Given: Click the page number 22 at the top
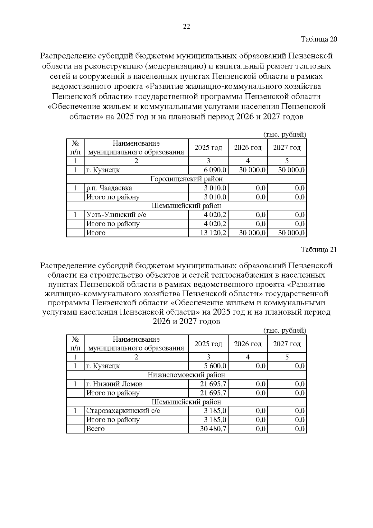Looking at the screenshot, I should pos(186,27).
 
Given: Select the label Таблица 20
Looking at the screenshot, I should pos(319,39).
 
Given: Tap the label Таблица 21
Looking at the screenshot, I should pos(319,250).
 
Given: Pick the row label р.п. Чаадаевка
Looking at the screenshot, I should pos(109,188).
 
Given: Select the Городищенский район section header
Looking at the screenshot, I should pos(186,179).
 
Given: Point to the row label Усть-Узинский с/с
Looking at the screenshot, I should pos(116,215).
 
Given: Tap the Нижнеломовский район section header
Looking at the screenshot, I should pos(186,375).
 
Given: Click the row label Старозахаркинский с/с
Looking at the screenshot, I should pos(123,411).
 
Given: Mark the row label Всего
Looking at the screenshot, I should pos(95,429).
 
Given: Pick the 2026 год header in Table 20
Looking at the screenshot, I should pos(248,147).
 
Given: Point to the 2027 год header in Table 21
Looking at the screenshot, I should pos(287,344).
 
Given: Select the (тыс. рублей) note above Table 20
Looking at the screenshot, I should pos(285,135).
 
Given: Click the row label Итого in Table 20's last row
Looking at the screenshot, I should pos(96,233).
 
